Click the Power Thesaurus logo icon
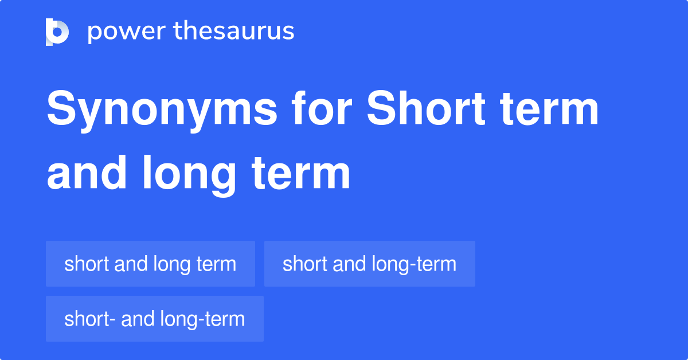click(x=57, y=32)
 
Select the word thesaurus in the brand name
click(x=234, y=32)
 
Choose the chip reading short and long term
click(x=150, y=264)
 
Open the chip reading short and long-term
click(x=369, y=264)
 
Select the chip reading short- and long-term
click(x=154, y=319)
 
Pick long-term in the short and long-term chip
click(x=415, y=264)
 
